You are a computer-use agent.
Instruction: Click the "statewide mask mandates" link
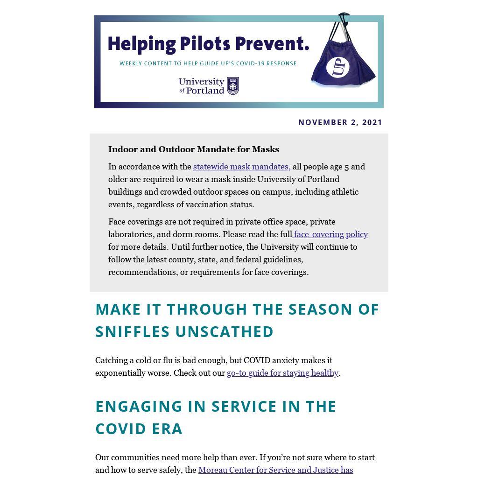(x=241, y=167)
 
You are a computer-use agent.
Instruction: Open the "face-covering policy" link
(x=330, y=234)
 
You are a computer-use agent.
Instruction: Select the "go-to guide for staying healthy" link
(x=282, y=373)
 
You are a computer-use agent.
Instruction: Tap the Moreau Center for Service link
(x=275, y=470)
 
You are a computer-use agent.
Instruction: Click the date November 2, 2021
(x=340, y=122)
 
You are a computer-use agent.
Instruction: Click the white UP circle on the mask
(x=338, y=67)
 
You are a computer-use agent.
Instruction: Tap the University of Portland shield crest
(x=233, y=86)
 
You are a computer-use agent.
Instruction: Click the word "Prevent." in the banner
(x=272, y=44)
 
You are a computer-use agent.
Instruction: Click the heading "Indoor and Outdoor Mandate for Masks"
(x=194, y=149)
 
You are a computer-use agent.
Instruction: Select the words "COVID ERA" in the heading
(x=139, y=429)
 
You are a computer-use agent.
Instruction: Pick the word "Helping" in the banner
(x=141, y=44)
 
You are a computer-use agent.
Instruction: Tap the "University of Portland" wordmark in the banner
(x=202, y=86)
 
